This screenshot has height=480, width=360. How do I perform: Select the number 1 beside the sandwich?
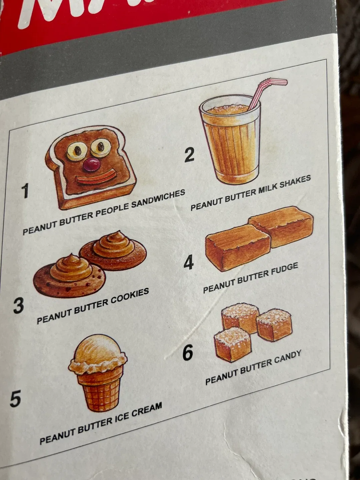(25, 191)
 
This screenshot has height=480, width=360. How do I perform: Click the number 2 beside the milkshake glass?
(189, 155)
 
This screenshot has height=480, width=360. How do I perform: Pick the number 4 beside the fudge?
(189, 262)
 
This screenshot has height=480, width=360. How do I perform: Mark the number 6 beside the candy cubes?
(188, 352)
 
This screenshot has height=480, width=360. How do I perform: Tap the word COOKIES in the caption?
(130, 297)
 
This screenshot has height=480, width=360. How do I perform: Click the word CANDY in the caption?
(288, 358)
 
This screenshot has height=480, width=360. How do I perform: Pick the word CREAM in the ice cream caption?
(147, 411)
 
